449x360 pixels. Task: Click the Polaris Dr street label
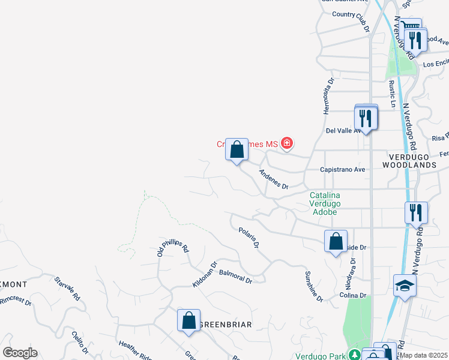click(x=249, y=238)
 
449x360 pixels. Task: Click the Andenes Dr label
click(x=274, y=179)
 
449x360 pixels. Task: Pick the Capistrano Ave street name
click(x=342, y=170)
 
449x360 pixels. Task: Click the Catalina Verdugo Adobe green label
click(x=324, y=203)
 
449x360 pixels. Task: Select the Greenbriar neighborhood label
click(x=224, y=325)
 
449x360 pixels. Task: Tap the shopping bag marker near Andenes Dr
click(x=237, y=149)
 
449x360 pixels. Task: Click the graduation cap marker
click(x=405, y=285)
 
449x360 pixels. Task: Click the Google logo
click(x=20, y=353)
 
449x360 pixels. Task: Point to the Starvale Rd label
click(x=67, y=289)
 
